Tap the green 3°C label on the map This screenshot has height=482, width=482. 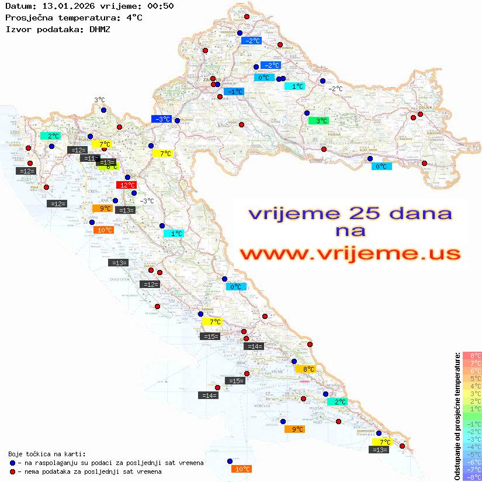318,121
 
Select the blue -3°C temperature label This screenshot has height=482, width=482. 161,119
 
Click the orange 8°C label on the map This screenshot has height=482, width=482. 306,369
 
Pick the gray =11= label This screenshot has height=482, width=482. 89,158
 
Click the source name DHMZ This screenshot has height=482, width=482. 100,29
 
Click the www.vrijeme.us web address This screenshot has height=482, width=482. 349,254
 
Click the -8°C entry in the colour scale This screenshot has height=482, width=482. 472,477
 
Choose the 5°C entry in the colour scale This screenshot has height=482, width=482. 472,378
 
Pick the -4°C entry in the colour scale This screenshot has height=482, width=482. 472,446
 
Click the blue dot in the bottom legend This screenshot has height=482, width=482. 12,463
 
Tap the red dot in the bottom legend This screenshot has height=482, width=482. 12,471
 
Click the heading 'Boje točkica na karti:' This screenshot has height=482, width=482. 47,454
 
